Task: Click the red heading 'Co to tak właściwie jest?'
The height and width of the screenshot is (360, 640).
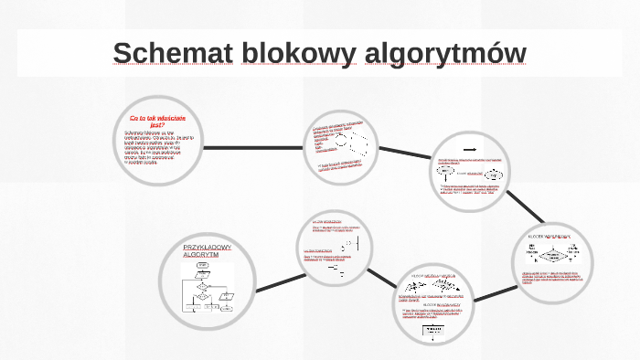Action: pos(157,122)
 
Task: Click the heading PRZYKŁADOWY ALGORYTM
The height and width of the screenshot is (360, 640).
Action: pos(208,251)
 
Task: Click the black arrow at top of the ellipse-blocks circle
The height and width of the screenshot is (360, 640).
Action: pos(471,148)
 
